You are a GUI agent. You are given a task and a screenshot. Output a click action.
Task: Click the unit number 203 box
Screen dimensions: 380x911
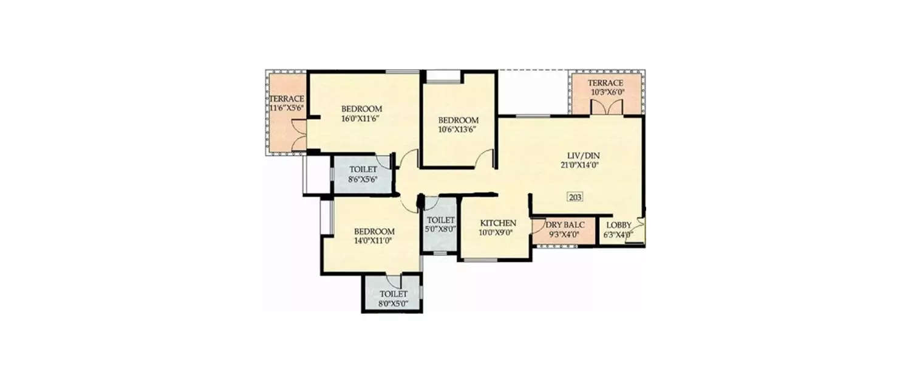pyautogui.click(x=575, y=197)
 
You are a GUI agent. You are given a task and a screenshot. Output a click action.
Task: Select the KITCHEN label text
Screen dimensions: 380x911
pyautogui.click(x=498, y=223)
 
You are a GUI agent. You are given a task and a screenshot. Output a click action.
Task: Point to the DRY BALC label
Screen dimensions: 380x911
pyautogui.click(x=565, y=225)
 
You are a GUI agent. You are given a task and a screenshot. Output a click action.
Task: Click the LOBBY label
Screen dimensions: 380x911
pyautogui.click(x=618, y=225)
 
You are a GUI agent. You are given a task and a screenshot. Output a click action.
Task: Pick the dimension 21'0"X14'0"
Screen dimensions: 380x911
pyautogui.click(x=576, y=164)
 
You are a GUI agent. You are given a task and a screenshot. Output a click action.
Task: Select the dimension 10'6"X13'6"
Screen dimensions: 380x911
pyautogui.click(x=459, y=130)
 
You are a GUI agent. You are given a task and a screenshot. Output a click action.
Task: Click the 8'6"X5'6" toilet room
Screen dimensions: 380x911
pyautogui.click(x=363, y=174)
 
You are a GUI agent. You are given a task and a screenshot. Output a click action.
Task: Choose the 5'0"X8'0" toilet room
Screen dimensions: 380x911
pyautogui.click(x=440, y=224)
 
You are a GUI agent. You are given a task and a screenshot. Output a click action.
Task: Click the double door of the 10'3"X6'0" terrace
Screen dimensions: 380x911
pyautogui.click(x=606, y=106)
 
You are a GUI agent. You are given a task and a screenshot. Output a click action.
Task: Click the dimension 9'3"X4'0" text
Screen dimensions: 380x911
pyautogui.click(x=565, y=234)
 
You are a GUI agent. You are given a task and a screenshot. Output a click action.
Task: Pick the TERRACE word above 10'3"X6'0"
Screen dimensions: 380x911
pyautogui.click(x=606, y=83)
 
